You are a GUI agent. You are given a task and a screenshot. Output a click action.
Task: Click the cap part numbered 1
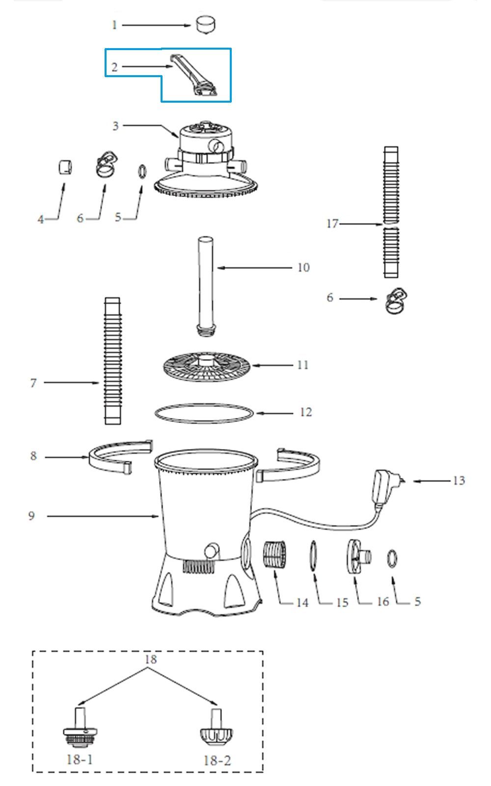pos(206,25)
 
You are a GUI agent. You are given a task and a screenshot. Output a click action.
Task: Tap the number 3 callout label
pos(115,126)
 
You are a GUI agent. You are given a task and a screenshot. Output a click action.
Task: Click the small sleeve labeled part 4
pos(65,167)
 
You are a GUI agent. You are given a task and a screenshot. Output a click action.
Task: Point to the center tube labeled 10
pos(206,286)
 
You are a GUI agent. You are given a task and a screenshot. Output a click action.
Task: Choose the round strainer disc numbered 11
pos(207,367)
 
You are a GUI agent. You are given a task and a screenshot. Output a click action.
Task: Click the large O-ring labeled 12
pos(204,413)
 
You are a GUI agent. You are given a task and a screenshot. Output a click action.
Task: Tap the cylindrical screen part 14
pos(274,556)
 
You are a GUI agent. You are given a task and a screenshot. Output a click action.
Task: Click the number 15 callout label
pos(342,602)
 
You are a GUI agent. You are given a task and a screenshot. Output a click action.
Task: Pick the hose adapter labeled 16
pos(359,557)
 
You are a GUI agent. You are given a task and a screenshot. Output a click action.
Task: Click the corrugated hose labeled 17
pos(391,212)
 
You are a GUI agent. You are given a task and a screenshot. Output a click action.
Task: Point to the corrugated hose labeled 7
pos(112,361)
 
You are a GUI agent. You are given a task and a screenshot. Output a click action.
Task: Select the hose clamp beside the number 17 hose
pos(396,301)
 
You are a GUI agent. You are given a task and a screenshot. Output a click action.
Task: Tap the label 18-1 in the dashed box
pos(80,759)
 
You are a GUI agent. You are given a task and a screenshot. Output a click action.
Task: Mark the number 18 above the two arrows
pos(151,659)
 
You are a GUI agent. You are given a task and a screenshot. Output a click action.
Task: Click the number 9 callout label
pos(31,515)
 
